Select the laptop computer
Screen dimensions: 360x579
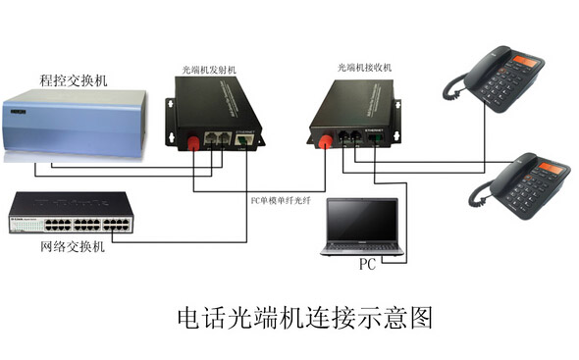coord(362,227)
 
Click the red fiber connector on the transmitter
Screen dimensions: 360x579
coord(192,145)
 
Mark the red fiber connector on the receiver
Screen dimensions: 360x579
coord(323,140)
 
